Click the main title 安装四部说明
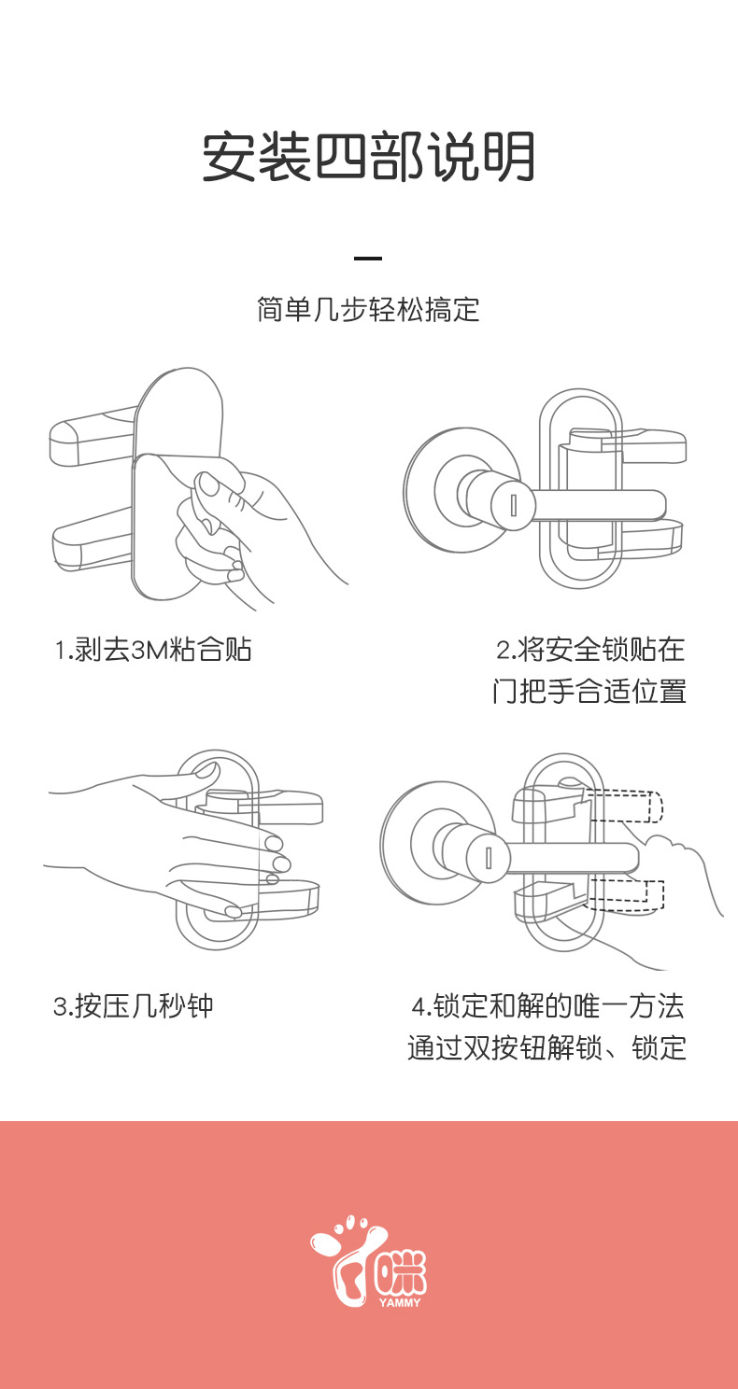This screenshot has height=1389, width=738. coord(369,157)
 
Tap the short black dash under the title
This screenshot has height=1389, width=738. coord(369,259)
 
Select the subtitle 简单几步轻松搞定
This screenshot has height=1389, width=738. coord(369,309)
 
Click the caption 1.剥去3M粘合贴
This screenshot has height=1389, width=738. coord(153,650)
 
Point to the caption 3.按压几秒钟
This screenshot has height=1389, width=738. coord(134,1006)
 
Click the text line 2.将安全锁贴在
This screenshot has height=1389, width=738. coord(590,650)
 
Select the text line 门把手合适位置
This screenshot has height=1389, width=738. coord(589,692)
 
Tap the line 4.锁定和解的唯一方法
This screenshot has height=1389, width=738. coord(547,1006)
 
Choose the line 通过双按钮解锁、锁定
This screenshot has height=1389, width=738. coord(546,1048)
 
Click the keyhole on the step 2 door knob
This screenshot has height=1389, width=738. coord(512,505)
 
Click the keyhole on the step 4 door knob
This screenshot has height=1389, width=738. coord(488,857)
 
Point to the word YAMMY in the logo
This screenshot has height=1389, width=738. coord(400,1302)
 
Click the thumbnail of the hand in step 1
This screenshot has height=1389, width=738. coord(207,484)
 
